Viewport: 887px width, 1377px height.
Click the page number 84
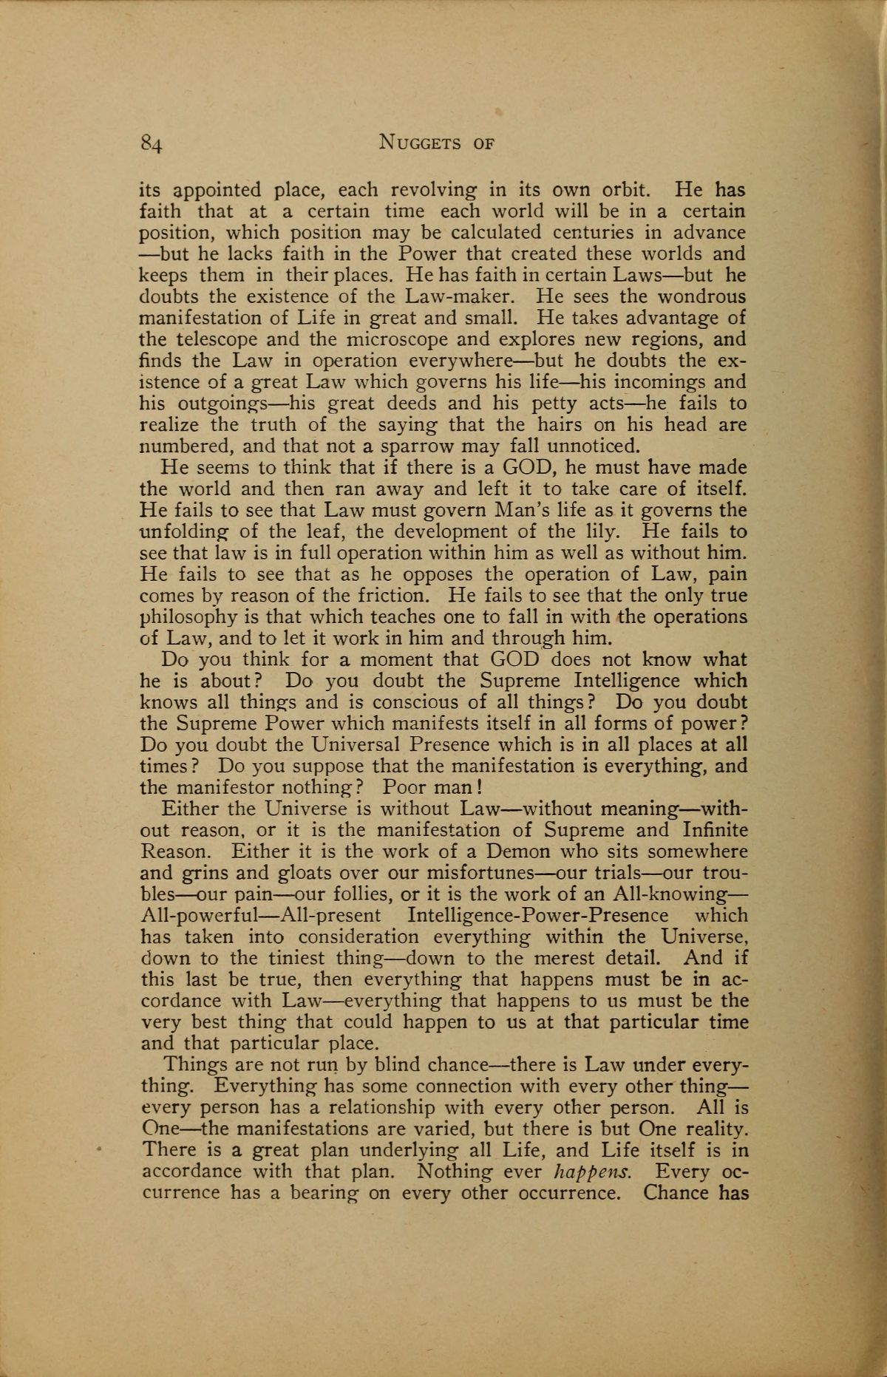tap(151, 143)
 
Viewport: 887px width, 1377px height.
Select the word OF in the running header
tap(481, 142)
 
